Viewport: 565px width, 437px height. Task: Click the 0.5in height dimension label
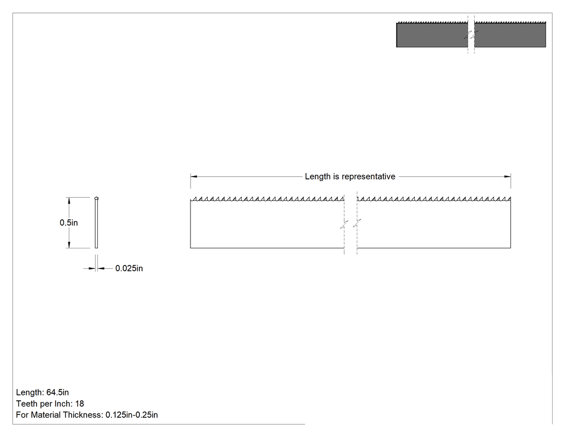tap(68, 223)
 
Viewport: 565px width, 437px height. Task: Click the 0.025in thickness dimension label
tap(129, 268)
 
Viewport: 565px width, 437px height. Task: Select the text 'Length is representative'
tap(350, 176)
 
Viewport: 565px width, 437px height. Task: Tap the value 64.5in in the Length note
tap(58, 392)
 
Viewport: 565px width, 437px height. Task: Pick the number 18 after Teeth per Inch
tap(80, 404)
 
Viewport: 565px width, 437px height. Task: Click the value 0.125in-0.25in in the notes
tap(131, 415)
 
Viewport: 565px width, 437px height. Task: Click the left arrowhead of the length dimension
tap(194, 176)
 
